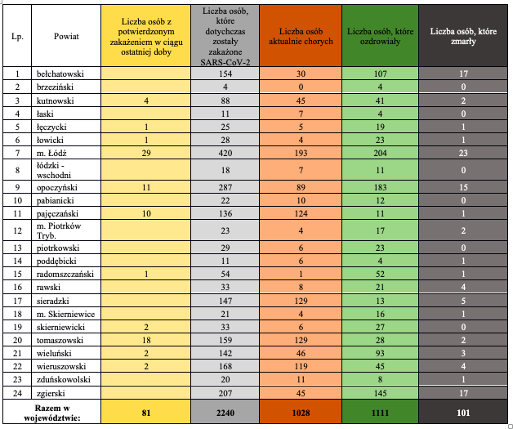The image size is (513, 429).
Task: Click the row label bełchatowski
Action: tap(60, 74)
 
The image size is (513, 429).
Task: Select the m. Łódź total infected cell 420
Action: tap(225, 153)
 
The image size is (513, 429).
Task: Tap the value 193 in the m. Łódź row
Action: tap(301, 153)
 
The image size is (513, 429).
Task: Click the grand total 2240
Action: tap(225, 413)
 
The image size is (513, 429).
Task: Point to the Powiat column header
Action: tap(66, 36)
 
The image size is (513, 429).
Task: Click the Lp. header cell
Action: tap(17, 36)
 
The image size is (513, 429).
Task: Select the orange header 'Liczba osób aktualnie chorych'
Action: tap(301, 36)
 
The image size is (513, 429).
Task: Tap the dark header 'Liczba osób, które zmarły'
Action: tap(463, 36)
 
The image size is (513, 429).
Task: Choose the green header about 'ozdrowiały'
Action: tap(380, 36)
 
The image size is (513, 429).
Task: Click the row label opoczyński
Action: tap(57, 187)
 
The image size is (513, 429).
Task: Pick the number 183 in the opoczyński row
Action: tap(380, 187)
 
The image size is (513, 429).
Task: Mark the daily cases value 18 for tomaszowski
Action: tap(146, 340)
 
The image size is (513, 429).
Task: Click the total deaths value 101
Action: tap(463, 413)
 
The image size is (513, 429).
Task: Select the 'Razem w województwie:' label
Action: tap(52, 413)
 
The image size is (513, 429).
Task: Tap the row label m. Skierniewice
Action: tap(66, 314)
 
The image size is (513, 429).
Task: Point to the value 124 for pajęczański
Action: tap(301, 213)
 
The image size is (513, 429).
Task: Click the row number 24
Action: tap(17, 393)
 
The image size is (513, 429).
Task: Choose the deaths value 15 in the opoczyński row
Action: tap(463, 187)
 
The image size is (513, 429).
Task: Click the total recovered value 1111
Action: tap(380, 413)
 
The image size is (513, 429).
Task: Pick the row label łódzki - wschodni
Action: tap(54, 171)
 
